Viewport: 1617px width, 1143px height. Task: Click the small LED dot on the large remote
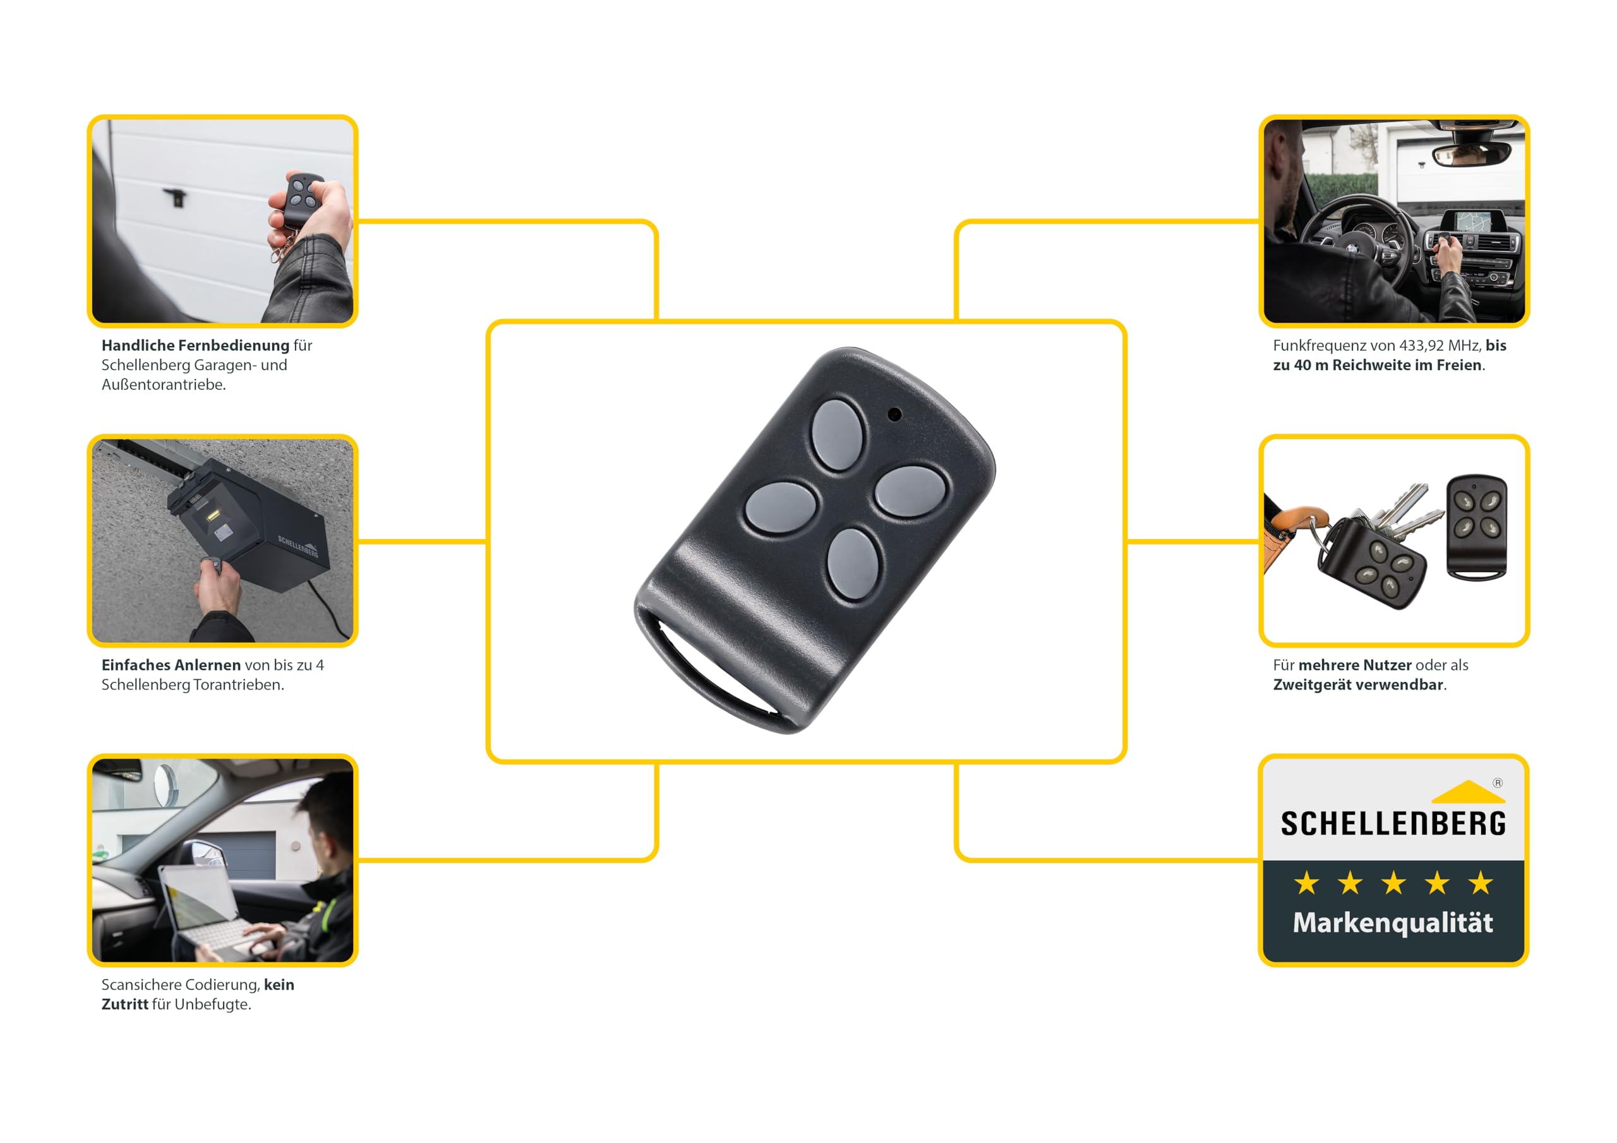[894, 414]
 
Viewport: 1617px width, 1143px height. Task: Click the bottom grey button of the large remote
[853, 564]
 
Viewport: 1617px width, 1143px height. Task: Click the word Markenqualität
[1392, 923]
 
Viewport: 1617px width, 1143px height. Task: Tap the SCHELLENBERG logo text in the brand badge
[1393, 823]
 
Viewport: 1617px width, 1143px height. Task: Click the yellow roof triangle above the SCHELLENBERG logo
[1469, 792]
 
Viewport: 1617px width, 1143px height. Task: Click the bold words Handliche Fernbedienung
[196, 345]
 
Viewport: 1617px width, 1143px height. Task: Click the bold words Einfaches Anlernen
[171, 665]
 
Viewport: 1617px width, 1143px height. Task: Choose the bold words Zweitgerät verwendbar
[1359, 685]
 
